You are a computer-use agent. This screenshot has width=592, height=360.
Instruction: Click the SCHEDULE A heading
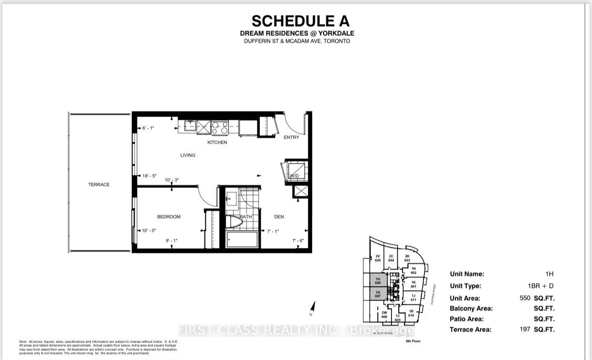(x=301, y=21)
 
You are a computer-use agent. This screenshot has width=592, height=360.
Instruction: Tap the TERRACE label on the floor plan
(x=99, y=185)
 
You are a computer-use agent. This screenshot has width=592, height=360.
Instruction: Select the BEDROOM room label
(x=168, y=217)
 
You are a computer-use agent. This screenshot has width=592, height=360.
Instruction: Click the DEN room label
(x=279, y=217)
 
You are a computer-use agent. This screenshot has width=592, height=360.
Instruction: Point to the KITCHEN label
(x=217, y=142)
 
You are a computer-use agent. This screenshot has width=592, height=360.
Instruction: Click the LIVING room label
(x=188, y=155)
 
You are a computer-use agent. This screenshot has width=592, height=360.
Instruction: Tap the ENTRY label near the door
(x=291, y=137)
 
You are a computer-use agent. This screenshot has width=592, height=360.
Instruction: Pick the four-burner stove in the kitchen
(x=220, y=127)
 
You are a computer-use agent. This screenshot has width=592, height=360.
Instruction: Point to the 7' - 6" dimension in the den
(x=298, y=241)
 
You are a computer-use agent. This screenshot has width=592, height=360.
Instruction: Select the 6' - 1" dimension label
(x=148, y=128)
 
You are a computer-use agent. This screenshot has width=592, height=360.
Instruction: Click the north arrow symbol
(x=313, y=307)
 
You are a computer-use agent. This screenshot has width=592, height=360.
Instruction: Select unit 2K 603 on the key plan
(x=407, y=259)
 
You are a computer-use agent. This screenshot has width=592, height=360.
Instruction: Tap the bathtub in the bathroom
(x=242, y=239)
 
